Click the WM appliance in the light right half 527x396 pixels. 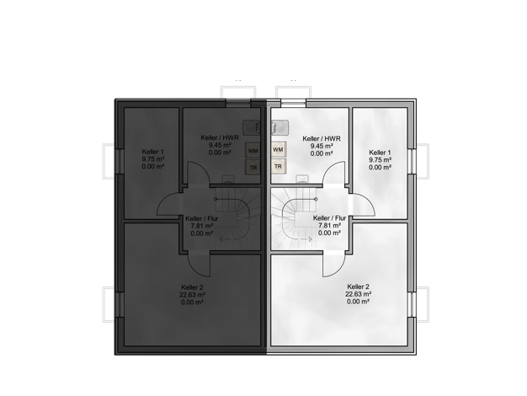click(278, 149)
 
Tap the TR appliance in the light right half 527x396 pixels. click(278, 167)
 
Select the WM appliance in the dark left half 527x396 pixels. click(253, 150)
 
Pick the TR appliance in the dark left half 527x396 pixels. click(253, 167)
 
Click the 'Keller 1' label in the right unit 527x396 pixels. click(380, 153)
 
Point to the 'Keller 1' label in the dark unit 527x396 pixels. click(153, 152)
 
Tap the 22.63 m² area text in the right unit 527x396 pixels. click(359, 294)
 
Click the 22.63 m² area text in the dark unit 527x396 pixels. click(192, 295)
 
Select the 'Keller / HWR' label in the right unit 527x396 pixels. click(322, 139)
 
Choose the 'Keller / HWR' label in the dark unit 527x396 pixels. click(220, 138)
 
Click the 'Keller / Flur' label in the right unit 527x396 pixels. click(329, 218)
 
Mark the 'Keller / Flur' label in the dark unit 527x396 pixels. click(202, 219)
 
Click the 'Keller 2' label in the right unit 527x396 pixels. click(359, 286)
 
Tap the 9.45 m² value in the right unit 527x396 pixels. click(322, 146)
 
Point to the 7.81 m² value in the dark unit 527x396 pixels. click(202, 226)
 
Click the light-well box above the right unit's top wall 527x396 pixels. click(293, 92)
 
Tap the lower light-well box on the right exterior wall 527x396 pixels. click(423, 304)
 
